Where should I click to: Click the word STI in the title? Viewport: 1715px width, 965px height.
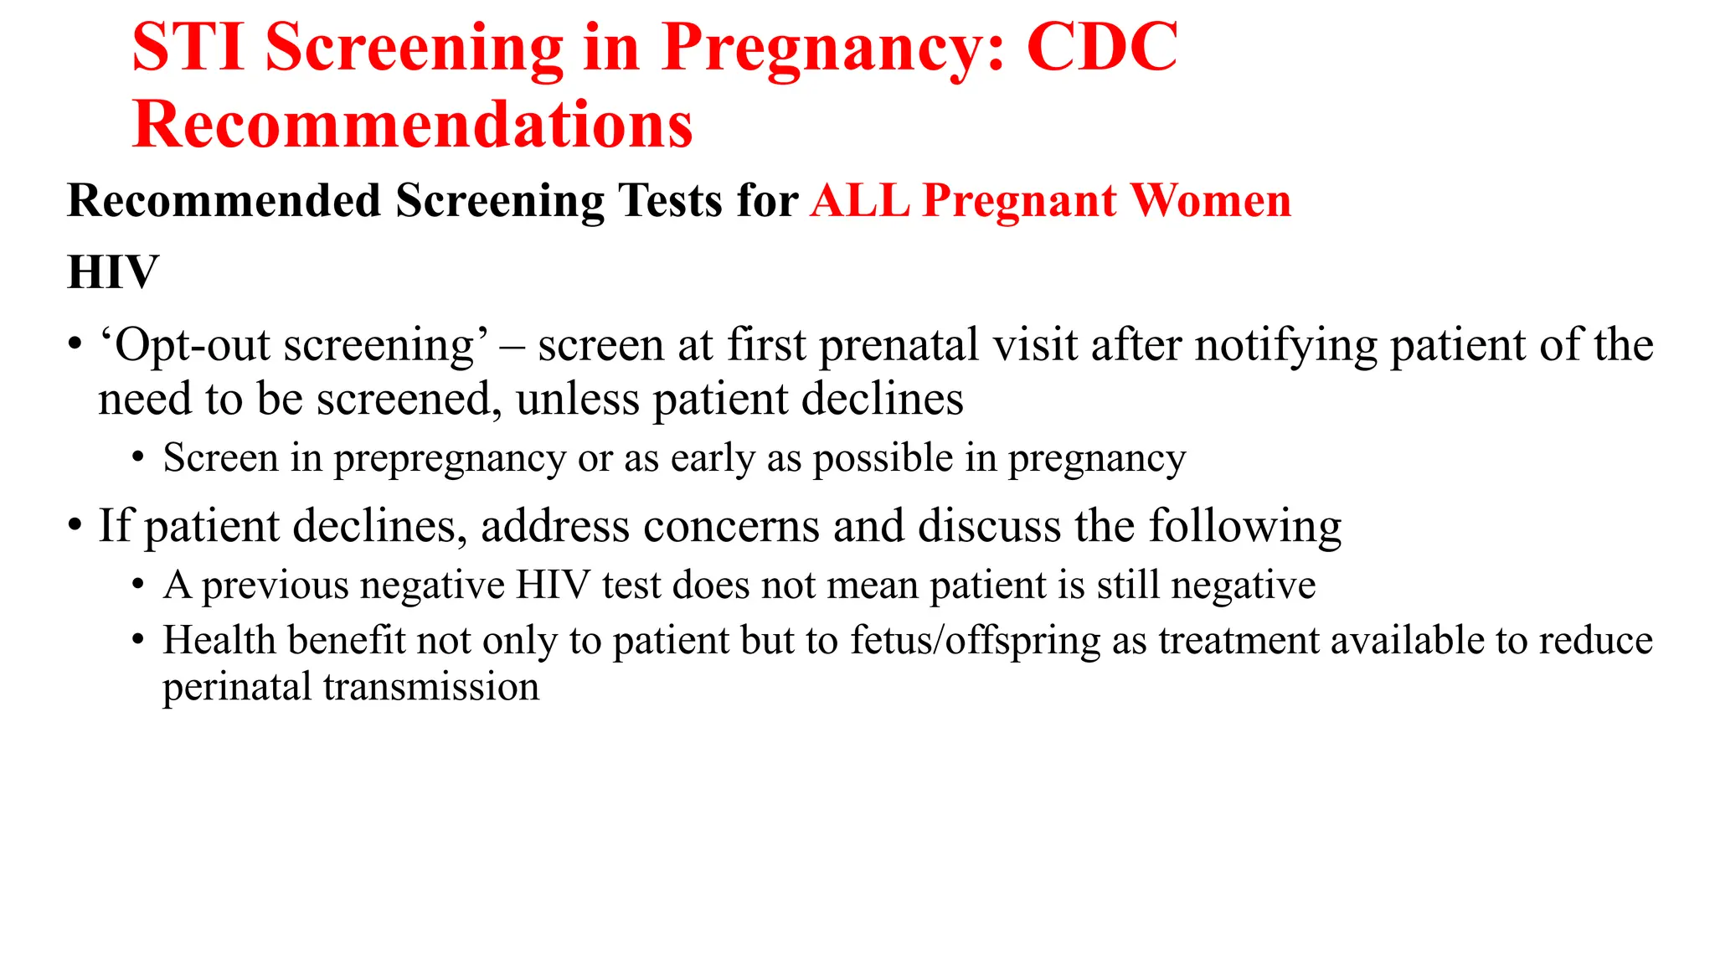(x=188, y=48)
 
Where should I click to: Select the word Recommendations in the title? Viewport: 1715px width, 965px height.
(x=413, y=125)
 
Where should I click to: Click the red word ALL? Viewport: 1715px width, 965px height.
(x=860, y=201)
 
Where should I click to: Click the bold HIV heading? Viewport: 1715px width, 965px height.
(x=113, y=272)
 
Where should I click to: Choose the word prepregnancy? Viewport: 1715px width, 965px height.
(x=450, y=458)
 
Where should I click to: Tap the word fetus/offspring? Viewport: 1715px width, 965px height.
(x=975, y=641)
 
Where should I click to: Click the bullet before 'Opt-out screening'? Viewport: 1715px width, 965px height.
(x=75, y=344)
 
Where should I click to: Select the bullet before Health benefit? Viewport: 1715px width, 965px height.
(x=138, y=641)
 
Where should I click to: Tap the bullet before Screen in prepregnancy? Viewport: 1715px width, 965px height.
(x=138, y=458)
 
